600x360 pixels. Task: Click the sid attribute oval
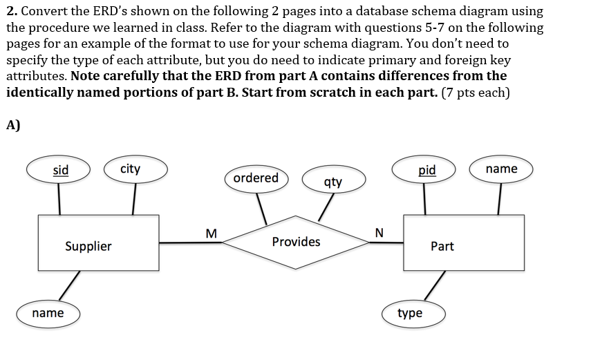[61, 170]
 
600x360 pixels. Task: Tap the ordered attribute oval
[256, 178]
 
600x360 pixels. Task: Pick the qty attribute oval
[332, 182]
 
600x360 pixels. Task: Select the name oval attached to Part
[501, 169]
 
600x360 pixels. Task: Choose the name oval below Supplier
[48, 313]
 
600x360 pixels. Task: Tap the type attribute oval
[411, 313]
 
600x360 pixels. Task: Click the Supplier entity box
[88, 243]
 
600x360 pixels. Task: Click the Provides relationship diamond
[296, 242]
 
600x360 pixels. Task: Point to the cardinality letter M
[211, 232]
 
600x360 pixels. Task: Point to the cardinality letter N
[377, 232]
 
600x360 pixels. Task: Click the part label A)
[13, 125]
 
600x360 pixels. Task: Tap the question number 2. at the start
[12, 12]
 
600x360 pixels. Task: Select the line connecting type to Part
[434, 286]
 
